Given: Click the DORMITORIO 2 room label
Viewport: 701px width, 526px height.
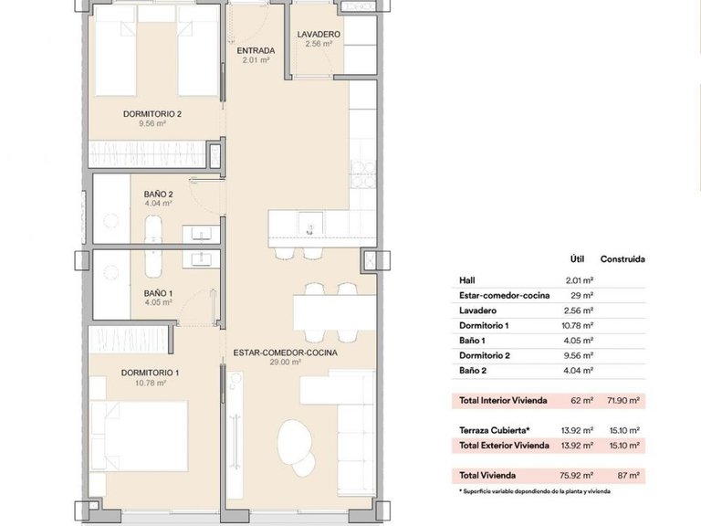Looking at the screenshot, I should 152,114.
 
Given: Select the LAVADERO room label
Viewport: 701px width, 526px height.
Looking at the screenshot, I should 319,35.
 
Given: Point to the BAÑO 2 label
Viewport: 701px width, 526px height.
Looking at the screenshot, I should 158,195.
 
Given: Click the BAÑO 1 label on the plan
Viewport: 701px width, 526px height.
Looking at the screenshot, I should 158,293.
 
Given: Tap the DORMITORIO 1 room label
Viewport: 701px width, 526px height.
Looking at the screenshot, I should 151,373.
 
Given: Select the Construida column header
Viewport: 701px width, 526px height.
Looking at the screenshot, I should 623,258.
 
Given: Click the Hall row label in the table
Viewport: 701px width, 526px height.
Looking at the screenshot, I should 467,280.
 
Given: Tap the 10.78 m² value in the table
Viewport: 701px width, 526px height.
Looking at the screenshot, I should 580,325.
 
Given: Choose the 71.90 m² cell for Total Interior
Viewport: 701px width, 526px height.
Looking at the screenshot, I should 623,400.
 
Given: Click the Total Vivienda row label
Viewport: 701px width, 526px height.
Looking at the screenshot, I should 487,475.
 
